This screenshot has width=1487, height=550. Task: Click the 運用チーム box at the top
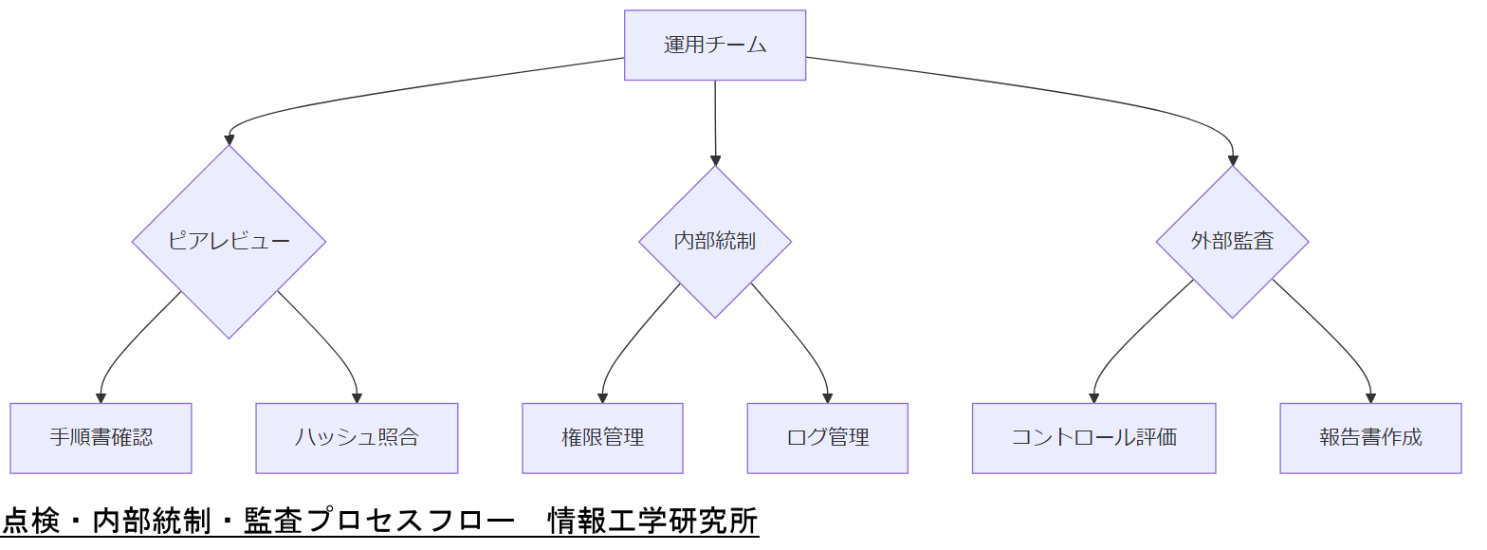[715, 46]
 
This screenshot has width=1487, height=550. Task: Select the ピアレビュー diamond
[229, 241]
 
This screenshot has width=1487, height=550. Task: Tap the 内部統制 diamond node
[715, 241]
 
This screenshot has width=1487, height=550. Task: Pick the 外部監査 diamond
[1232, 241]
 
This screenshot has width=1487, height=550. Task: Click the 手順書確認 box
[101, 438]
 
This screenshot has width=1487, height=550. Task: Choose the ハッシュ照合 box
[357, 438]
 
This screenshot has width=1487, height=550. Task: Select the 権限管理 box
[602, 438]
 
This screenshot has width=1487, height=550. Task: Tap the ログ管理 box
[827, 438]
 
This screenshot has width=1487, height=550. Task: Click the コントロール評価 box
[1093, 438]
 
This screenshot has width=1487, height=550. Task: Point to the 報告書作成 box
[1370, 438]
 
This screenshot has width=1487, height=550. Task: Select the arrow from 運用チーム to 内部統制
[715, 123]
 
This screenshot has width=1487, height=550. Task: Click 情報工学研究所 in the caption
[652, 521]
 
